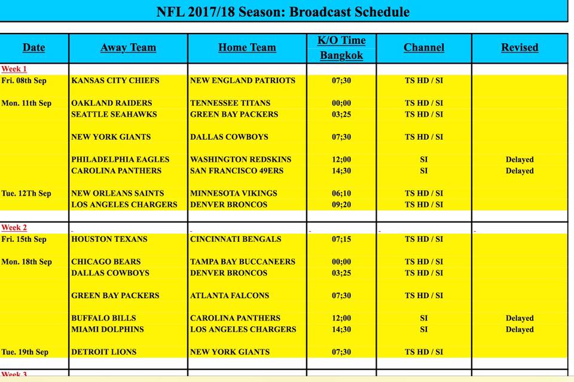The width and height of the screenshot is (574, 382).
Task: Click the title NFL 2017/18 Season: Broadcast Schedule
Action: [x=283, y=12]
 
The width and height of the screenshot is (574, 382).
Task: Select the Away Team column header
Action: [x=128, y=48]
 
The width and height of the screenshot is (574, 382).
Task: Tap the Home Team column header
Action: [x=247, y=48]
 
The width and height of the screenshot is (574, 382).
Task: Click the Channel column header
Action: [x=424, y=48]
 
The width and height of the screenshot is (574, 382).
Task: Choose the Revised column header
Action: [x=520, y=48]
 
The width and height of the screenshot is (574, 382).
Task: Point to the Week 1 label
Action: [x=14, y=69]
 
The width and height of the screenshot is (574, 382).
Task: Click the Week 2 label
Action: [x=14, y=228]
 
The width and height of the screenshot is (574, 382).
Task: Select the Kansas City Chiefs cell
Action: [x=115, y=81]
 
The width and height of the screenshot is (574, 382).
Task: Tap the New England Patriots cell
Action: [x=243, y=81]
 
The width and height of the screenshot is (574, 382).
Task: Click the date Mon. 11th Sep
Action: [x=26, y=103]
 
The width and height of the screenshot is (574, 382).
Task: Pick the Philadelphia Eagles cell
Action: [x=120, y=159]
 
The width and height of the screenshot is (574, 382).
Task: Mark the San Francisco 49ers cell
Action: [x=237, y=171]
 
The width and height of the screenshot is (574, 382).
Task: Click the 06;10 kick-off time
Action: [x=341, y=193]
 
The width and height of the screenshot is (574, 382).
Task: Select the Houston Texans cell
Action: [x=109, y=239]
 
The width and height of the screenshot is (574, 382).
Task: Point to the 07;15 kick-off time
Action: [x=341, y=239]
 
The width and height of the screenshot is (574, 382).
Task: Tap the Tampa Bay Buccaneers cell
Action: [x=243, y=262]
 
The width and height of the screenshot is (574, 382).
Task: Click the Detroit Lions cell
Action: [x=104, y=352]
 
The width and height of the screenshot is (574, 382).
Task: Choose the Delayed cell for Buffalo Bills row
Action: [x=520, y=318]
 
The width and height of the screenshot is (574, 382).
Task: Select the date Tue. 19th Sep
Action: [x=25, y=352]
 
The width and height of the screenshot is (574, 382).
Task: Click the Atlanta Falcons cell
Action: [x=230, y=296]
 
